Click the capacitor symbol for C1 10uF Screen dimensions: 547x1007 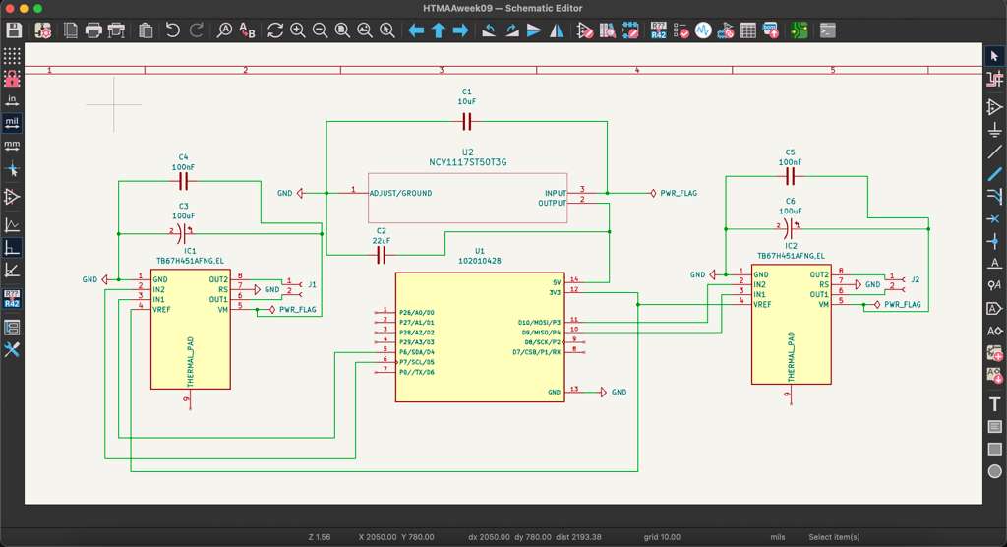tap(467, 121)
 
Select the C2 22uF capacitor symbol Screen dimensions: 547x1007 tap(382, 255)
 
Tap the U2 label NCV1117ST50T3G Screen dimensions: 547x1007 tap(467, 162)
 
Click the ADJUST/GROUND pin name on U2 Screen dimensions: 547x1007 tap(400, 193)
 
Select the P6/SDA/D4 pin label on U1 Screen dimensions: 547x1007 tap(416, 351)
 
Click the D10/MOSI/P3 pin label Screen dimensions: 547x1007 tap(538, 321)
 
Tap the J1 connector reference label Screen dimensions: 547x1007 tap(312, 284)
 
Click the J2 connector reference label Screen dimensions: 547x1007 tap(915, 279)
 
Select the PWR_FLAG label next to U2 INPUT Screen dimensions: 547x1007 tap(679, 193)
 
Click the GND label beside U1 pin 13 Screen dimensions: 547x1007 tap(619, 392)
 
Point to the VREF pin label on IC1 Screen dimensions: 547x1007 tap(161, 309)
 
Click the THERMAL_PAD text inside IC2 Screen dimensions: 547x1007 tap(789, 357)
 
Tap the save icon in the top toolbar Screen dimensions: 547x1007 tap(14, 30)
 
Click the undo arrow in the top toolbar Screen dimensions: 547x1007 tap(173, 30)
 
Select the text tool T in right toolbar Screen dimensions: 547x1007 tap(994, 403)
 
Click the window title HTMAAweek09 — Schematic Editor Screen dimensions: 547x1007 tap(503, 8)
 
